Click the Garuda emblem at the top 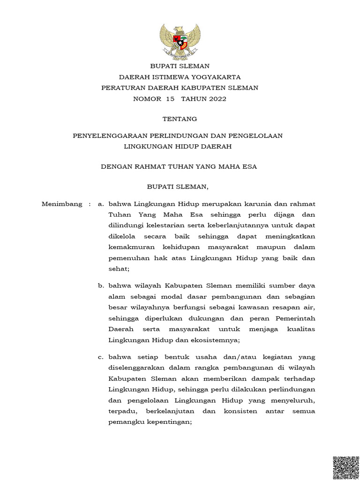click(180, 42)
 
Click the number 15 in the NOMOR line click(169, 99)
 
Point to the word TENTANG click(180, 119)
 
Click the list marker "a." click(100, 204)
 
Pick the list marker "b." click(100, 285)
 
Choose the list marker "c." click(100, 357)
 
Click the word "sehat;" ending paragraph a click(119, 269)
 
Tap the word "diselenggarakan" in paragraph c click(142, 368)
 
